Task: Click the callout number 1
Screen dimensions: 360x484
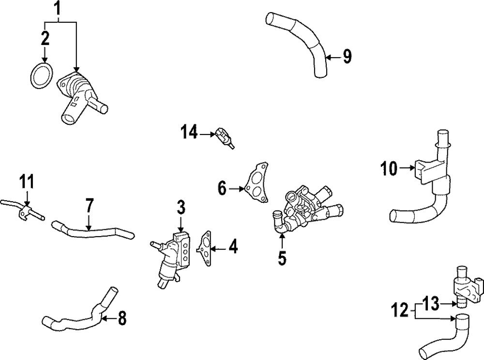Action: point(58,8)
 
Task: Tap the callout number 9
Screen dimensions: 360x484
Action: point(346,57)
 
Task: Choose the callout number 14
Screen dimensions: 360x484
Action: point(190,132)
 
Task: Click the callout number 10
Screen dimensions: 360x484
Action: point(389,169)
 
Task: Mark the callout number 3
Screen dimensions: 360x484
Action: point(181,209)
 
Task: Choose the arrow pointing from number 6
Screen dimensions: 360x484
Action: point(236,189)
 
